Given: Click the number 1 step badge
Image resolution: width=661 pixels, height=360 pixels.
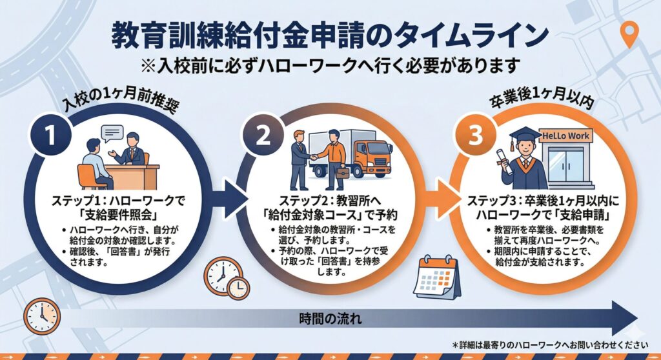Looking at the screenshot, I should click(50, 135).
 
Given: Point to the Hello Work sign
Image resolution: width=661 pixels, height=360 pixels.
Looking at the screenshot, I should click(565, 136).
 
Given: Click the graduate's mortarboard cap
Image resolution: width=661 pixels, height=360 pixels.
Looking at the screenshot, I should click(524, 133).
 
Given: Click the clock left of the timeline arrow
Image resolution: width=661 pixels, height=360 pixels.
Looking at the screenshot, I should click(41, 316).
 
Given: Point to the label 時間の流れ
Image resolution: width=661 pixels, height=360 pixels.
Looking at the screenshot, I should click(330, 318).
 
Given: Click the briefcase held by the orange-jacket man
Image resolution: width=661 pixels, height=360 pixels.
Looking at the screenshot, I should click(341, 172).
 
